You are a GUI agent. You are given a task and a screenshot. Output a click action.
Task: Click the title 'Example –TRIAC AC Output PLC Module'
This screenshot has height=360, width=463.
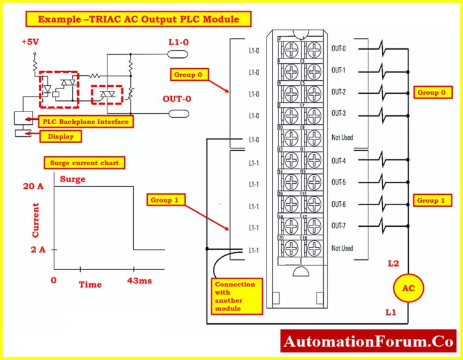click(137, 19)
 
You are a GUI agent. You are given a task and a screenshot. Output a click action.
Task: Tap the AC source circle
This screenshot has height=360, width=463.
click(408, 288)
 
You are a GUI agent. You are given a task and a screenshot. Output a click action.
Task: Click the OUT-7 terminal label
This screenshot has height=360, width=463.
click(339, 226)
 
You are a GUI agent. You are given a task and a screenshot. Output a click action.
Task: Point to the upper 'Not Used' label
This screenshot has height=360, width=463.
click(342, 137)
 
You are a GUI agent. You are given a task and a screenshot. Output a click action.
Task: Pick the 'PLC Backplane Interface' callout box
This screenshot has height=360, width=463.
click(85, 122)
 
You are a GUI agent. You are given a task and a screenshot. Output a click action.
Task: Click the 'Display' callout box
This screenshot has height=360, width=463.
click(60, 136)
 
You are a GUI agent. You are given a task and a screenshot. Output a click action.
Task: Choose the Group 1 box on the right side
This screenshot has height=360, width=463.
click(432, 200)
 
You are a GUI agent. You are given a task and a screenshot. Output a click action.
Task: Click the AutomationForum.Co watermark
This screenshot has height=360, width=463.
click(368, 342)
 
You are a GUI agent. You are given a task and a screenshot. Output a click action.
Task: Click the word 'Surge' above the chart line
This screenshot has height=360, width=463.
click(72, 179)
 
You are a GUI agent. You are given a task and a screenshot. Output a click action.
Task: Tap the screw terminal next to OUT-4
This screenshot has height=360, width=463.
click(313, 160)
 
